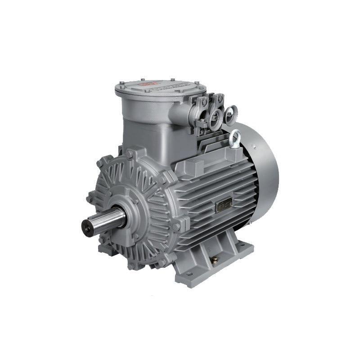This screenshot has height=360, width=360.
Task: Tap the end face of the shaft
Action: [x=87, y=225]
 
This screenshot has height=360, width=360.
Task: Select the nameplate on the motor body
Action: [x=224, y=205]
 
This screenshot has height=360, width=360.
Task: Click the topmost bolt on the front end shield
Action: [x=130, y=154]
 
